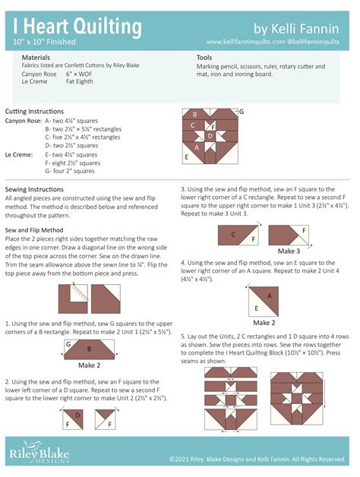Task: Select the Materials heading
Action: click(36, 58)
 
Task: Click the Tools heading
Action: click(204, 58)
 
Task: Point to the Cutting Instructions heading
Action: click(34, 111)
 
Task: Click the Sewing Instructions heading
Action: click(34, 189)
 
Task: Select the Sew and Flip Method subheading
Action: click(34, 229)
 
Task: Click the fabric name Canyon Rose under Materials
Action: click(39, 74)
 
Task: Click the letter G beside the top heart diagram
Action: click(241, 112)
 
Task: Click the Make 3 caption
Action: click(289, 251)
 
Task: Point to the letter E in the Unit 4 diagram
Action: click(257, 308)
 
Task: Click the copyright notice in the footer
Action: click(259, 460)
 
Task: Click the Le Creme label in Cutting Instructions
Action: click(18, 154)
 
